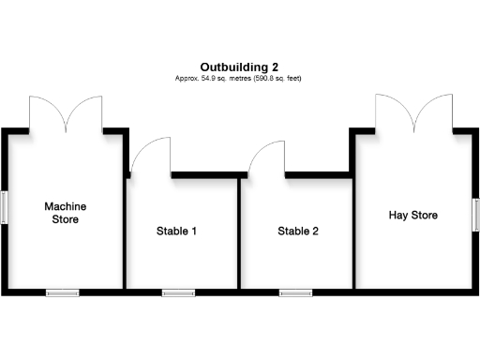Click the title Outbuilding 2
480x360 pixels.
pos(239,67)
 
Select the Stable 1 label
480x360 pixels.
pos(176,231)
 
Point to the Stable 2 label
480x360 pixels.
pos(298,231)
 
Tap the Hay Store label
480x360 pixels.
pos(413,216)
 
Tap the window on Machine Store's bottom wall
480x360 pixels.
pos(64,292)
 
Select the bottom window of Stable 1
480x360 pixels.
pos(178,292)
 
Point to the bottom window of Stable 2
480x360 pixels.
pos(295,292)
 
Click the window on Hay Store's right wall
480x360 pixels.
pos(475,215)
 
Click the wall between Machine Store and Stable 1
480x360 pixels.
pos(125,234)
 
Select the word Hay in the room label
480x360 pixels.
pos(399,216)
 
